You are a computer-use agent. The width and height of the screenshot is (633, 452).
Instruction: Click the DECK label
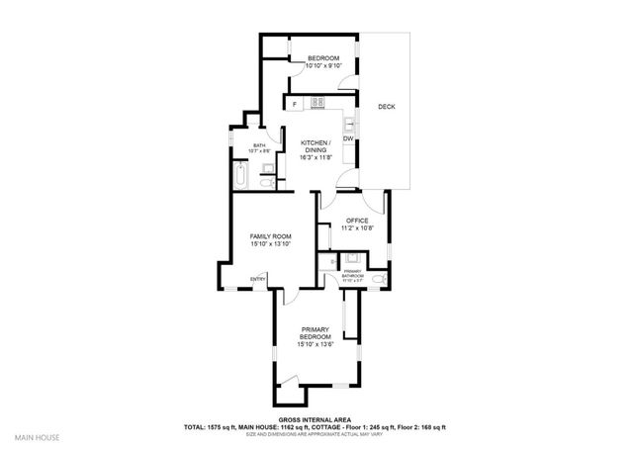[x=387, y=106]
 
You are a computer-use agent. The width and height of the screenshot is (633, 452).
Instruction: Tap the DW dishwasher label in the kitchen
[x=348, y=138]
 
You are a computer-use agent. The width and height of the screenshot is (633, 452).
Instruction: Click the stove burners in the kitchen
[x=318, y=102]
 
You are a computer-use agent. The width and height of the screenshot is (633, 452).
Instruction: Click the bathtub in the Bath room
[x=241, y=178]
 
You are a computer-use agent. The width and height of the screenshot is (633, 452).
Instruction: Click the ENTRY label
[x=258, y=278]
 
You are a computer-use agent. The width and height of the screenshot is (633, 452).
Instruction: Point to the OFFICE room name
[x=355, y=220]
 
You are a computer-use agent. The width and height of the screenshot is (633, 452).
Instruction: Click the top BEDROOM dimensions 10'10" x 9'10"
[x=322, y=66]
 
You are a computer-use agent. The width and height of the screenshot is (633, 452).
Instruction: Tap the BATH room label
[x=259, y=144]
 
